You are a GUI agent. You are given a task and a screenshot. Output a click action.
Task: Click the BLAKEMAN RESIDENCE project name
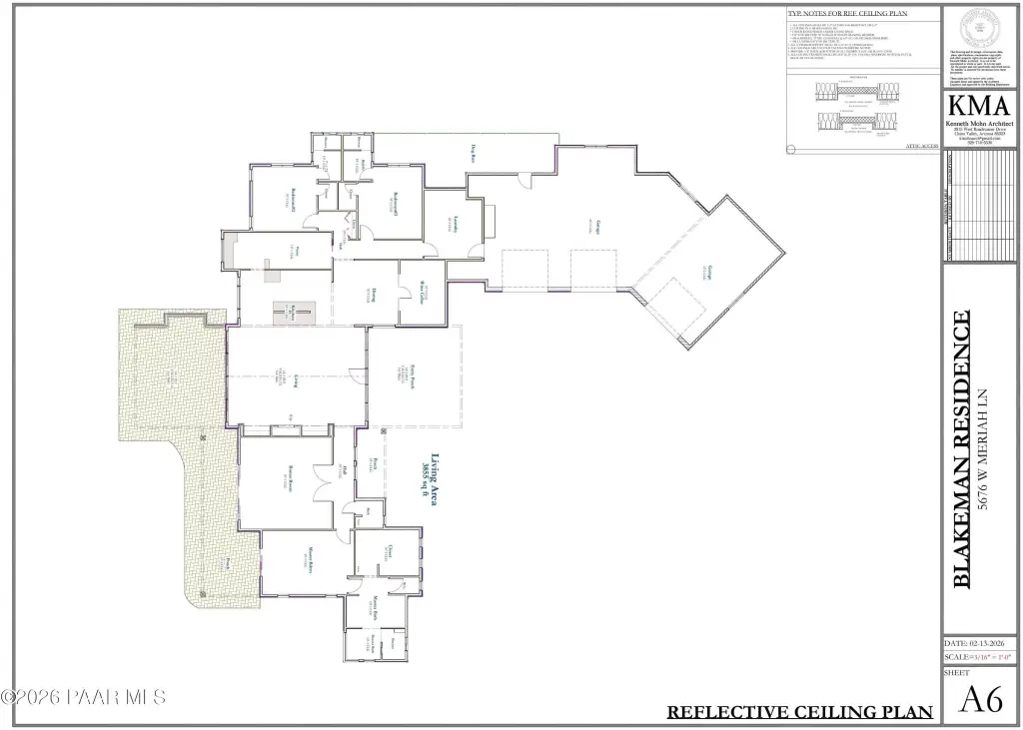click(962, 449)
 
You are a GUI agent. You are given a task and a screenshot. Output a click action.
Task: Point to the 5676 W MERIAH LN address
click(984, 449)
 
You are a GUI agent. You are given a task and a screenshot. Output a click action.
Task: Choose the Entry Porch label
click(411, 376)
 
